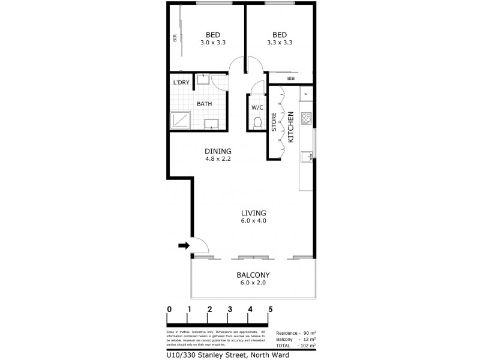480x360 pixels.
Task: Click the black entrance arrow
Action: [184, 245]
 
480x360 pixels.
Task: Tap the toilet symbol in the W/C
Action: [257, 122]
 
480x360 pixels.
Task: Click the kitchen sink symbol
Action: [307, 157]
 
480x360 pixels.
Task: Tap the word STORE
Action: [274, 122]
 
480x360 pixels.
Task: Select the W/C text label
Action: [257, 107]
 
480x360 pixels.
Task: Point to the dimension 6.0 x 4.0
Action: [253, 221]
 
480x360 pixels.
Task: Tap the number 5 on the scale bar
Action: [271, 310]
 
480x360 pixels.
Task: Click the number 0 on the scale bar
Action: [170, 310]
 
